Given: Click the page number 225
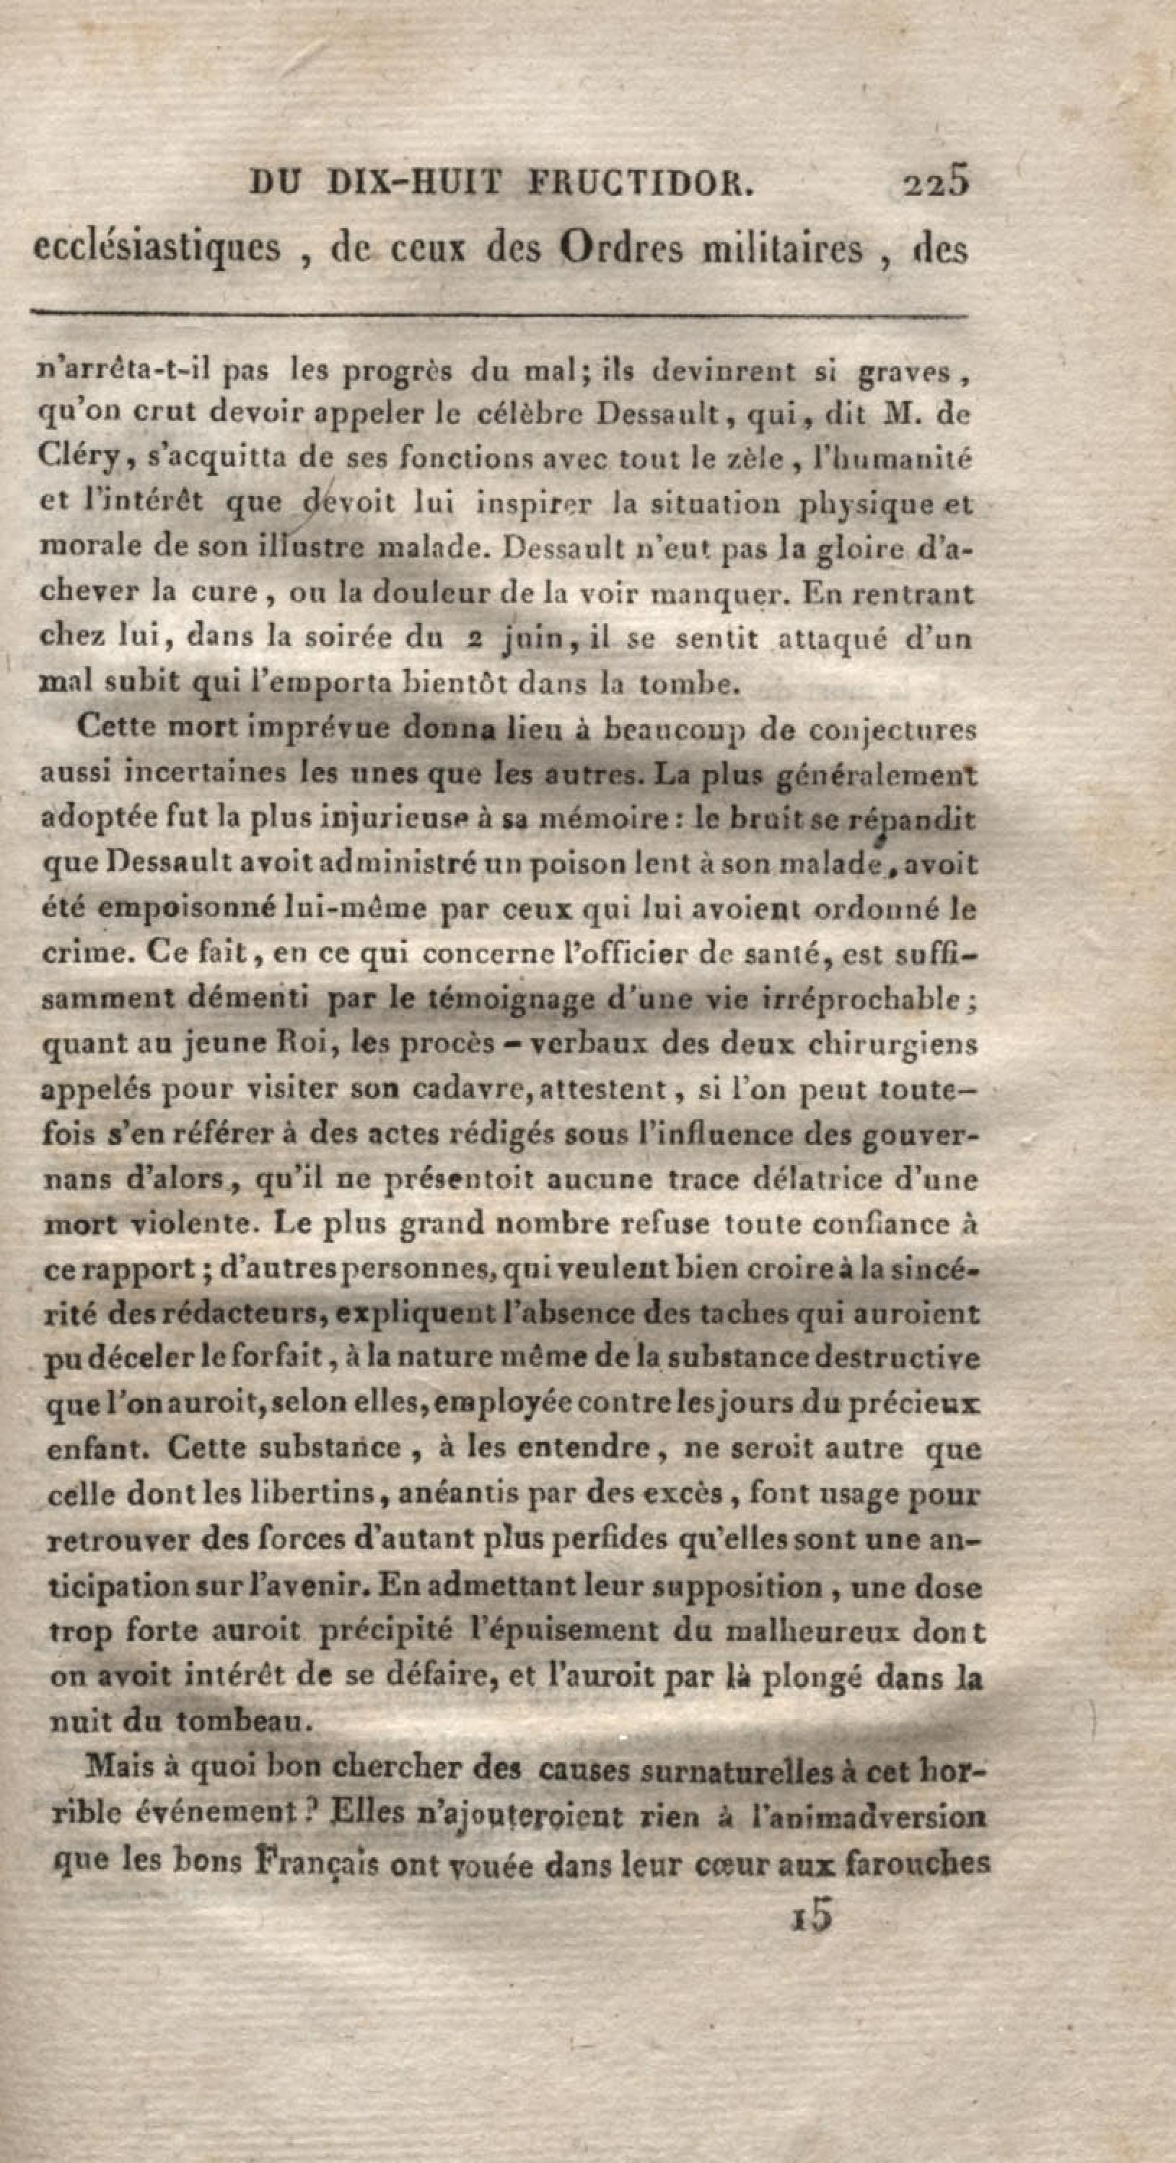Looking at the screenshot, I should pyautogui.click(x=936, y=182).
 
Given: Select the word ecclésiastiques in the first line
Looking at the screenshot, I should pyautogui.click(x=157, y=249).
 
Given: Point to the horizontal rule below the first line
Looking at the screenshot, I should pyautogui.click(x=499, y=316).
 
